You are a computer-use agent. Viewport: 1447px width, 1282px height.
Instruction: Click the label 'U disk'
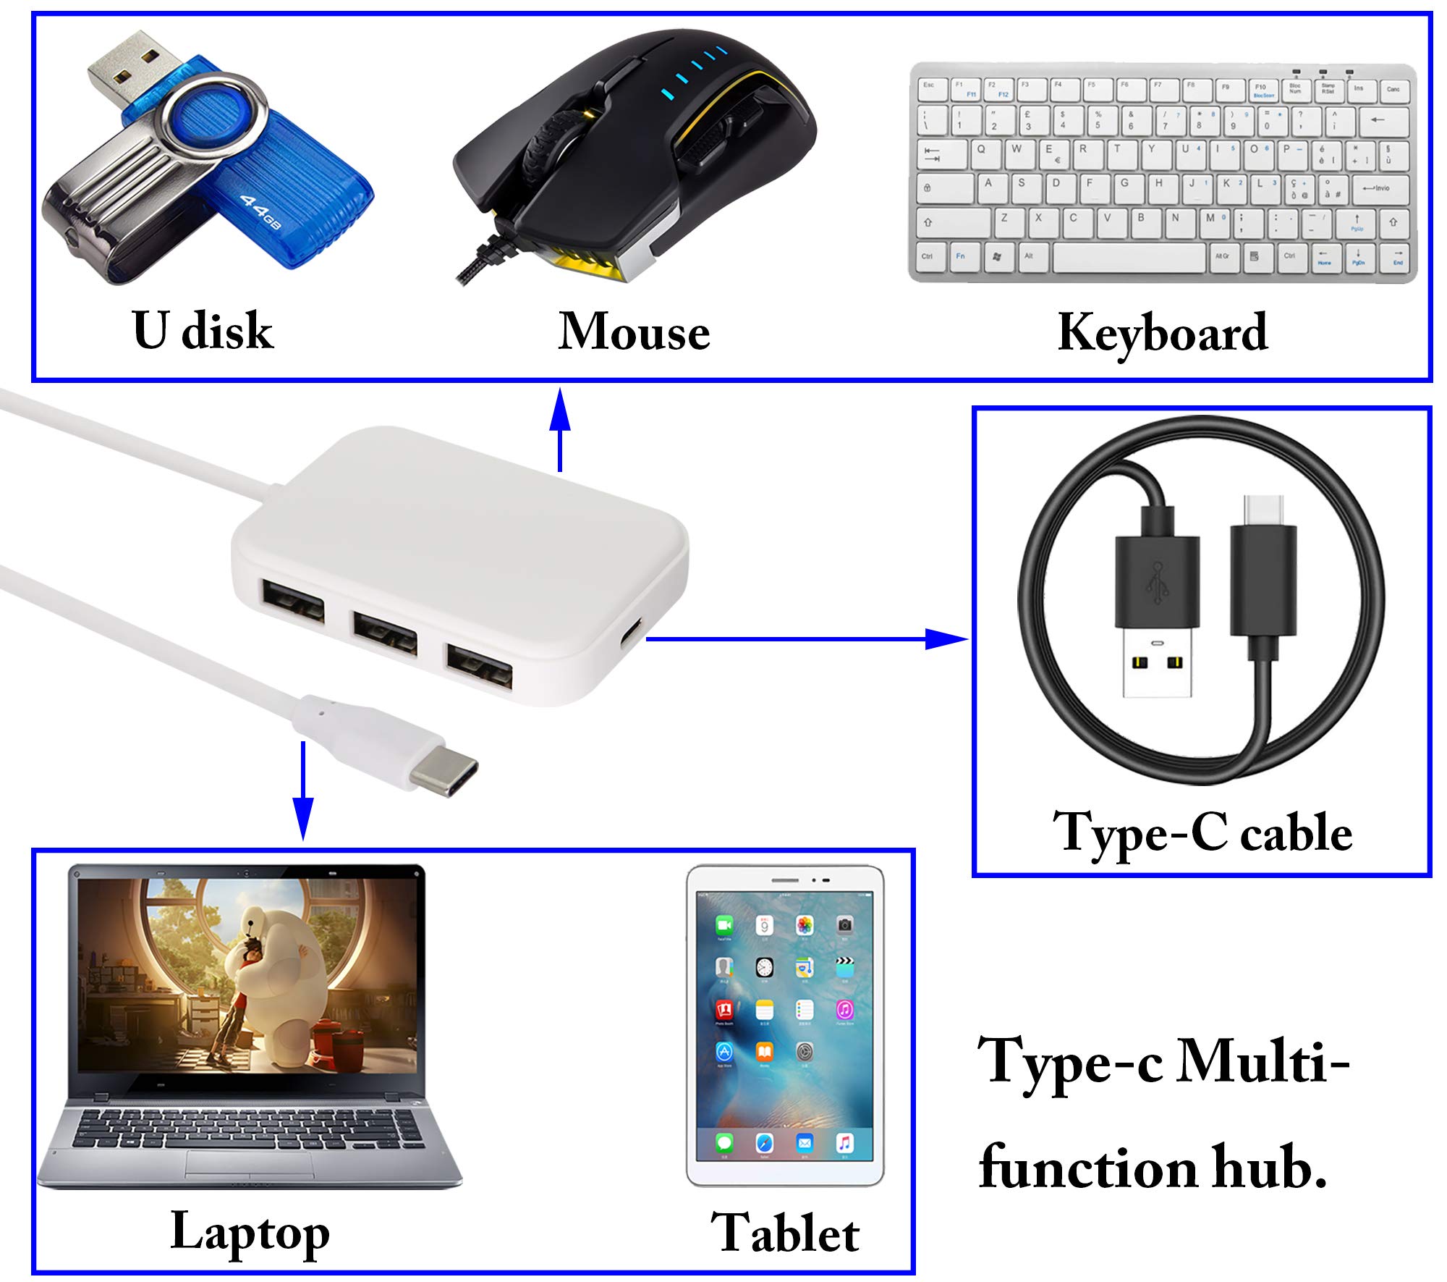click(x=203, y=330)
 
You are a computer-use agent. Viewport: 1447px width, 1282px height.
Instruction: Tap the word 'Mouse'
click(x=634, y=332)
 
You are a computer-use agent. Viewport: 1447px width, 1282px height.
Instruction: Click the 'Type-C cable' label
click(x=1202, y=833)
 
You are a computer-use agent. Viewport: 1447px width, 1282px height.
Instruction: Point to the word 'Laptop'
click(x=250, y=1232)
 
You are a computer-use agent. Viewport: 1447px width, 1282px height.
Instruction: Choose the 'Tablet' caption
click(x=785, y=1232)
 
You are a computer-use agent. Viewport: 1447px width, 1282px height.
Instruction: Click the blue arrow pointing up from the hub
click(x=560, y=430)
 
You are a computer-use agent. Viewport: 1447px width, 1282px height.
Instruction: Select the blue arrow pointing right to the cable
click(x=807, y=638)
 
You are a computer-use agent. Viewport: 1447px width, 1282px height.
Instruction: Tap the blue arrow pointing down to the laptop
click(x=302, y=790)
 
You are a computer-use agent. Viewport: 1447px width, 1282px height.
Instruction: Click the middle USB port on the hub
click(x=386, y=633)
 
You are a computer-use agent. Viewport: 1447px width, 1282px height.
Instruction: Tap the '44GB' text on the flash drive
click(x=260, y=212)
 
